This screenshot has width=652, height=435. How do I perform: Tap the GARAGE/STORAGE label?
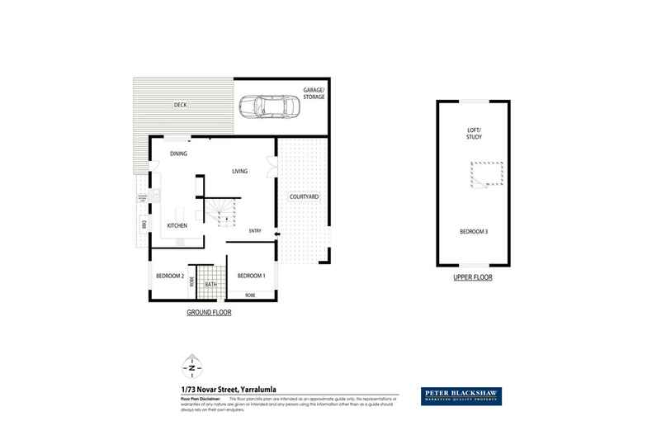pos(313,94)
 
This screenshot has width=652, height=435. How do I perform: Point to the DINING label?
pos(179,154)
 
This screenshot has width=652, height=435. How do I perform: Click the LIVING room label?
pos(240,172)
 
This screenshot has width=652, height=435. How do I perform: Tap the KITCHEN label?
pos(177,225)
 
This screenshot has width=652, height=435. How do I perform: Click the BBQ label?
pos(144,225)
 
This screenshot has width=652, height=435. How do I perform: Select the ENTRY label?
pos(255,231)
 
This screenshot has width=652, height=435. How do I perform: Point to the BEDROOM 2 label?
pos(169,276)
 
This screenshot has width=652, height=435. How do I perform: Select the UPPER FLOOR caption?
pos(473,278)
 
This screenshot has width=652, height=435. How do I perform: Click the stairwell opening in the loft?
pos(485,175)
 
